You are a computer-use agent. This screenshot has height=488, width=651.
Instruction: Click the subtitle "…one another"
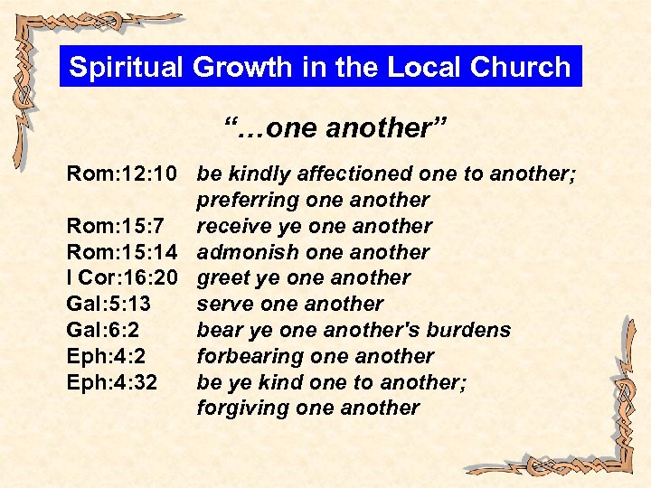[324, 128]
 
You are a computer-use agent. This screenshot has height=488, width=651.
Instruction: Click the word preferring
[247, 200]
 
